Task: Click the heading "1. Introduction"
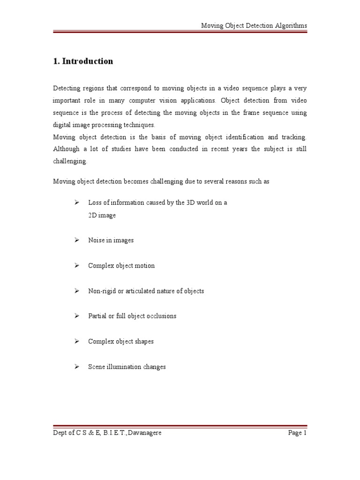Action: click(83, 61)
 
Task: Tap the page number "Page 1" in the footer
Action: click(297, 433)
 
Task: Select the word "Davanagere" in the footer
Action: click(143, 433)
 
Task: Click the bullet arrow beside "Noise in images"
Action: click(76, 240)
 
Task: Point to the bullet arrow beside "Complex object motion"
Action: click(76, 265)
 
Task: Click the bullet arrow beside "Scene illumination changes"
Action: click(76, 367)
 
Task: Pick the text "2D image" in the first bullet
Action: click(102, 216)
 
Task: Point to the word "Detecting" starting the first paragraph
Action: click(67, 88)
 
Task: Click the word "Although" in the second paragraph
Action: click(67, 149)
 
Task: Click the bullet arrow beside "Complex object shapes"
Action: click(76, 341)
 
